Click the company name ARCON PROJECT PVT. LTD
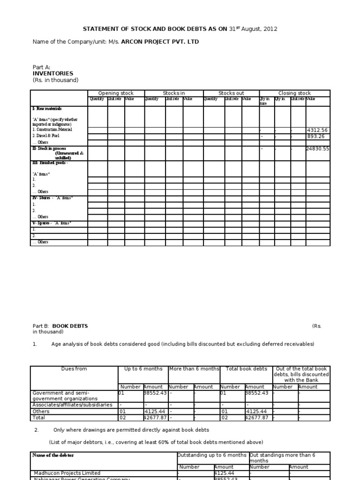click(160, 42)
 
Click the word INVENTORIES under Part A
click(53, 74)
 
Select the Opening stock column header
click(116, 93)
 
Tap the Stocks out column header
click(231, 93)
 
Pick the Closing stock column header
click(294, 93)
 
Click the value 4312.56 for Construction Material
click(317, 130)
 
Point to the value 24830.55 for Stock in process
click(317, 149)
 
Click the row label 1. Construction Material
click(52, 129)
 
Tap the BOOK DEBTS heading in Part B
click(70, 326)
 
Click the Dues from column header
click(74, 369)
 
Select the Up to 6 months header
click(143, 369)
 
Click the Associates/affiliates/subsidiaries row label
click(72, 405)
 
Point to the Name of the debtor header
click(53, 455)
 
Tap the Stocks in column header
click(173, 93)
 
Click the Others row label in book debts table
click(41, 411)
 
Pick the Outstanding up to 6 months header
click(212, 455)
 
